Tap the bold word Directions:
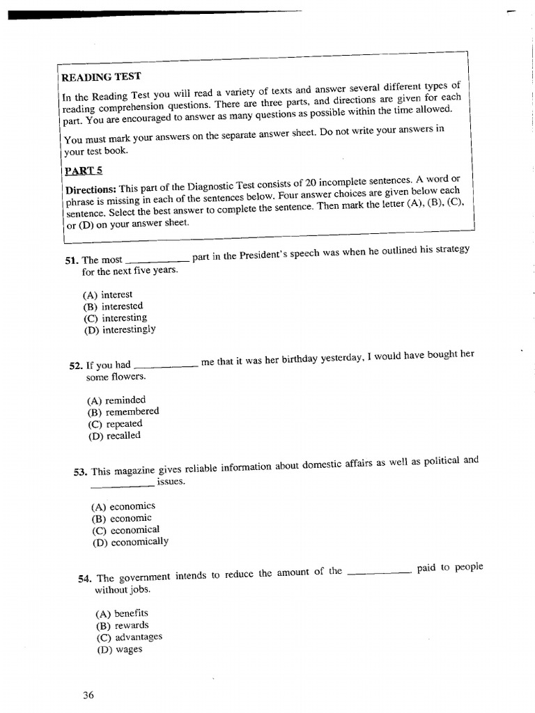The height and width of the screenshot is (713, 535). pos(91,189)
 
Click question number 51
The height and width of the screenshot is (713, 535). pos(72,260)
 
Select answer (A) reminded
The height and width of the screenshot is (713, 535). pos(116,400)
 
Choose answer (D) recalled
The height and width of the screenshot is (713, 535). pos(114,436)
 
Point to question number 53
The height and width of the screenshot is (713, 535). pos(80,472)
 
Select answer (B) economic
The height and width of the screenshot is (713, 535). pos(121,518)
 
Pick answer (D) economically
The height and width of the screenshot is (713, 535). pos(130,542)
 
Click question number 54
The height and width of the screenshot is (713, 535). pos(86,579)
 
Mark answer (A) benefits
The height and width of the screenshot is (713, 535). pos(122,613)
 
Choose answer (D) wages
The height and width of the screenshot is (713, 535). pos(119,650)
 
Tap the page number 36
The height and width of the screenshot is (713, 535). pos(88,695)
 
